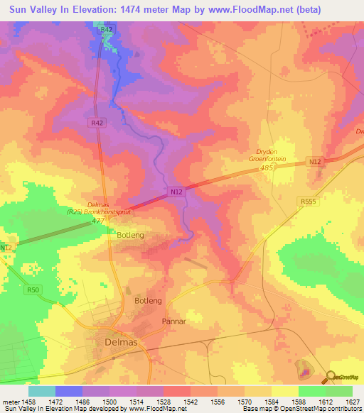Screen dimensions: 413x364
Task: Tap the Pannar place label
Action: tap(173, 321)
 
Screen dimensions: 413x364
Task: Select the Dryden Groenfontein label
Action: tap(271, 156)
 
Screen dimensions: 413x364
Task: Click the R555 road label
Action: tap(308, 202)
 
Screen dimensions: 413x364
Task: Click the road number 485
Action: tap(266, 168)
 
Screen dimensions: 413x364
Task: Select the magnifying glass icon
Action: tap(329, 377)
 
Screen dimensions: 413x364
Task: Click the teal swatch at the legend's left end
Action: tap(41, 391)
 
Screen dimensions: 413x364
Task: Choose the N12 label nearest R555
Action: tap(315, 163)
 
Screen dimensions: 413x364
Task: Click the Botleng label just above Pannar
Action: tap(149, 301)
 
